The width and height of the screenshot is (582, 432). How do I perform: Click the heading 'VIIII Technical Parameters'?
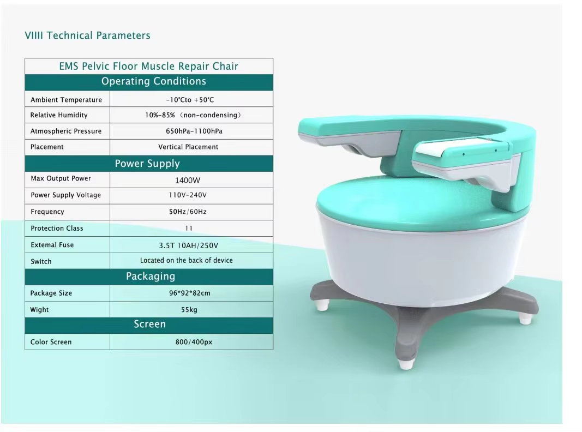(87, 36)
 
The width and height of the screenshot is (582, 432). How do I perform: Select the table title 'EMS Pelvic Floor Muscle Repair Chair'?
(148, 67)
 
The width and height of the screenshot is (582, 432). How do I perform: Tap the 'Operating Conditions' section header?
(153, 82)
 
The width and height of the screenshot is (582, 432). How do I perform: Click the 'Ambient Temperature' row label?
(66, 100)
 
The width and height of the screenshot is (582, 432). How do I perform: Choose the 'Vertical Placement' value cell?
(188, 147)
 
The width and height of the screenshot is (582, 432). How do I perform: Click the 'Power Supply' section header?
(147, 164)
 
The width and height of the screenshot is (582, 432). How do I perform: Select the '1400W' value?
(188, 180)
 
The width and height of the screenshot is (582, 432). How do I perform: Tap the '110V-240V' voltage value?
(188, 195)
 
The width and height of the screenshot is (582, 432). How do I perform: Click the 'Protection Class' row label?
(57, 229)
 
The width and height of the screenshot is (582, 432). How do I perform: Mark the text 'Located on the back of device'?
(186, 261)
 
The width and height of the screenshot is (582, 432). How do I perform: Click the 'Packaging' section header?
(150, 277)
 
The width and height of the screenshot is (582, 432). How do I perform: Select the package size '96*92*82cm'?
(189, 293)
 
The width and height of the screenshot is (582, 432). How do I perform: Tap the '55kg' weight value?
(189, 310)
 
